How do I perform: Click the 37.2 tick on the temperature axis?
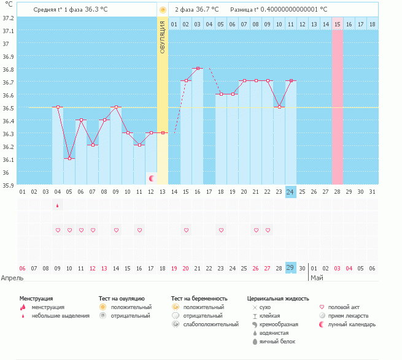[x=9, y=18]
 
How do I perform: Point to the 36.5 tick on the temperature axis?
[x=9, y=108]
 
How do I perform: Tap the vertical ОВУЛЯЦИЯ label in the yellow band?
[x=163, y=36]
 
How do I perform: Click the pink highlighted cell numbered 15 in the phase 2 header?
[x=338, y=24]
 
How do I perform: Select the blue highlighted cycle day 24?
[x=291, y=192]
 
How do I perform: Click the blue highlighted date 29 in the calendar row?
[x=291, y=268]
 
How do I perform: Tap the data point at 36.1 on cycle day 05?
[x=69, y=159]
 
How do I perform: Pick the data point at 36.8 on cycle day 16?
[x=198, y=69]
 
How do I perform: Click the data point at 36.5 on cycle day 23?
[x=279, y=107]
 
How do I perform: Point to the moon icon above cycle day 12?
[x=152, y=178]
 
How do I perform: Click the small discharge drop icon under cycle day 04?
[x=58, y=205]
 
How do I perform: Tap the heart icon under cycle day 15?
[x=186, y=230]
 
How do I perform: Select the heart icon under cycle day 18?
[x=221, y=230]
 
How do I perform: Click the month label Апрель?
[x=12, y=278]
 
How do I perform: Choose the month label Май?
[x=317, y=278]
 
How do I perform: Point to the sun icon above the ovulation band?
[x=163, y=10]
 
